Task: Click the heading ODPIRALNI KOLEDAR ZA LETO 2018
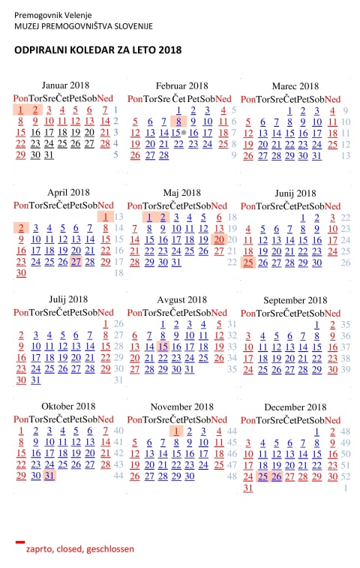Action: (97, 50)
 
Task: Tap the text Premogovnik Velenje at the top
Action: (53, 15)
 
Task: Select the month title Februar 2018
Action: (181, 86)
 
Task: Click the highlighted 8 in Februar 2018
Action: (178, 122)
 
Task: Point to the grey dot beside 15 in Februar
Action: (184, 133)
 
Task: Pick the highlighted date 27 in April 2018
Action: (76, 262)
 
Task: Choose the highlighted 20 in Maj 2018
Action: (219, 239)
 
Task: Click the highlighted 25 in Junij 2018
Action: (248, 263)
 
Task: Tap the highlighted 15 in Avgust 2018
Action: (163, 347)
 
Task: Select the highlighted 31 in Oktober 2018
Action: (49, 475)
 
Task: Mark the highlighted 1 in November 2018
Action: (176, 431)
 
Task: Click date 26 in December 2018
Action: (277, 476)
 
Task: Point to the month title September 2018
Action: (295, 300)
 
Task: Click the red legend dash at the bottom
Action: (20, 542)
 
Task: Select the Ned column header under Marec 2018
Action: (332, 99)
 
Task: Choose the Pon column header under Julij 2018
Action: (21, 312)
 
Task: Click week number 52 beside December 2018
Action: (346, 476)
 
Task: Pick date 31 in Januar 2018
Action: (49, 155)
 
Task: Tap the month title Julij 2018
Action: (68, 299)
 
